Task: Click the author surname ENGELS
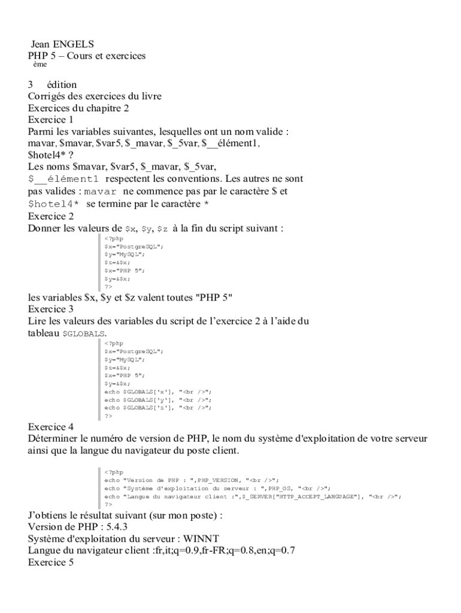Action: (74, 44)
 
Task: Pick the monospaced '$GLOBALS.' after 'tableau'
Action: (85, 333)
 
